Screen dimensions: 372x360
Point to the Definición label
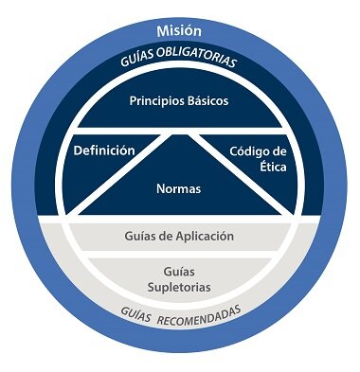pos(104,151)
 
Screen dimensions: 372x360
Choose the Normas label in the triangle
pos(179,188)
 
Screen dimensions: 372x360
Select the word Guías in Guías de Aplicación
pos(142,236)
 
